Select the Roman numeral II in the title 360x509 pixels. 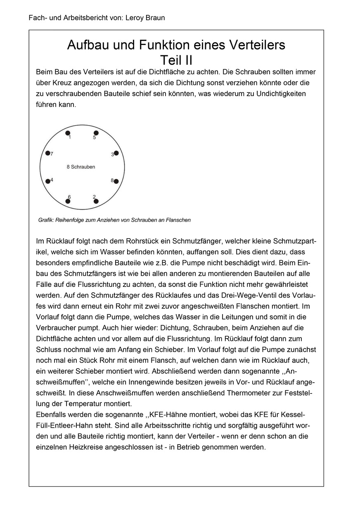point(187,60)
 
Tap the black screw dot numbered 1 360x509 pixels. point(68,133)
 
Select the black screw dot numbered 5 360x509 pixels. point(96,133)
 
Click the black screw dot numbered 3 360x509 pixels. point(116,153)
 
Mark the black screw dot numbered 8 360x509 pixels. point(116,181)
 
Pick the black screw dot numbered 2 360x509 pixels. point(96,201)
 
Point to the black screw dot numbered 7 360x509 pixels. point(48,154)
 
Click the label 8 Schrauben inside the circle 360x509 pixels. point(81,167)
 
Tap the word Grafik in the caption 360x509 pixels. point(46,220)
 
